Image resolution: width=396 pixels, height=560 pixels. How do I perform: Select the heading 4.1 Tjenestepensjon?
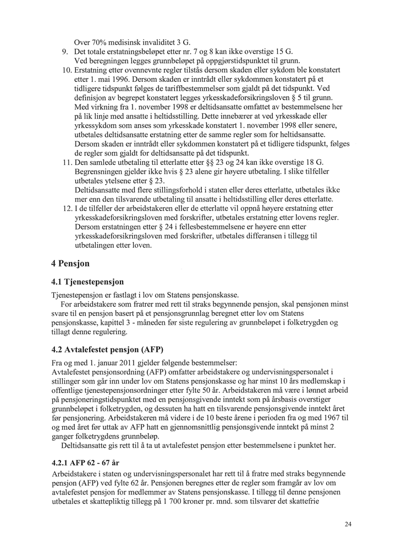click(x=87, y=282)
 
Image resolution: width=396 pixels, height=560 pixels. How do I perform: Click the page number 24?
click(x=348, y=524)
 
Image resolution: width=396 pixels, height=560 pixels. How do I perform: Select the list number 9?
click(x=64, y=52)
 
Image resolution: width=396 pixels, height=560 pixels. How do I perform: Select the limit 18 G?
click(x=313, y=163)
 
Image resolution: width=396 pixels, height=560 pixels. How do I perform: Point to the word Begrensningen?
click(x=100, y=172)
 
